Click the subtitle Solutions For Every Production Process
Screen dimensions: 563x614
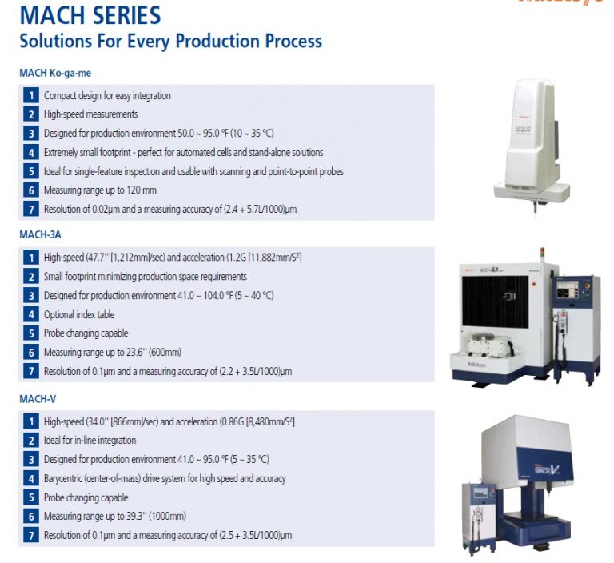coord(170,41)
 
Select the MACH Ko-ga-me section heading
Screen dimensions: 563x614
coord(55,73)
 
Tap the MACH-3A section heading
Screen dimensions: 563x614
coord(41,235)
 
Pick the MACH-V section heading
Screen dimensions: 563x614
coord(38,398)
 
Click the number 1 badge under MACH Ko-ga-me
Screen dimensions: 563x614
coord(30,96)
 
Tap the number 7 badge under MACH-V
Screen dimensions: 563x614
coord(30,536)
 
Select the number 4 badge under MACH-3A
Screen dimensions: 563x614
coord(30,315)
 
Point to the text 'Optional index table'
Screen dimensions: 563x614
coord(79,315)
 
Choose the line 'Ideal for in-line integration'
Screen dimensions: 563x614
coord(90,441)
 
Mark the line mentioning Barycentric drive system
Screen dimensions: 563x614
coord(165,479)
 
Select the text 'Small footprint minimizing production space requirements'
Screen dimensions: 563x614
coord(145,277)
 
